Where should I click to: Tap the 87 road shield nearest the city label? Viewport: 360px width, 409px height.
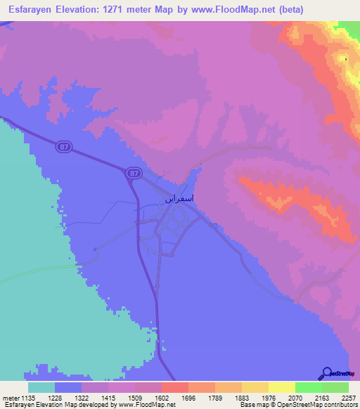tap(134, 172)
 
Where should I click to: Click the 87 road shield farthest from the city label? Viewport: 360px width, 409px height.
tap(64, 145)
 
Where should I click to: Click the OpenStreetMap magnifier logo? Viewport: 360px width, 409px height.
tap(328, 372)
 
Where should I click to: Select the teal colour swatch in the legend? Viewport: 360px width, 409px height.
tap(41, 387)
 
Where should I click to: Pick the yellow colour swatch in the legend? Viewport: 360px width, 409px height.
tap(281, 387)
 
